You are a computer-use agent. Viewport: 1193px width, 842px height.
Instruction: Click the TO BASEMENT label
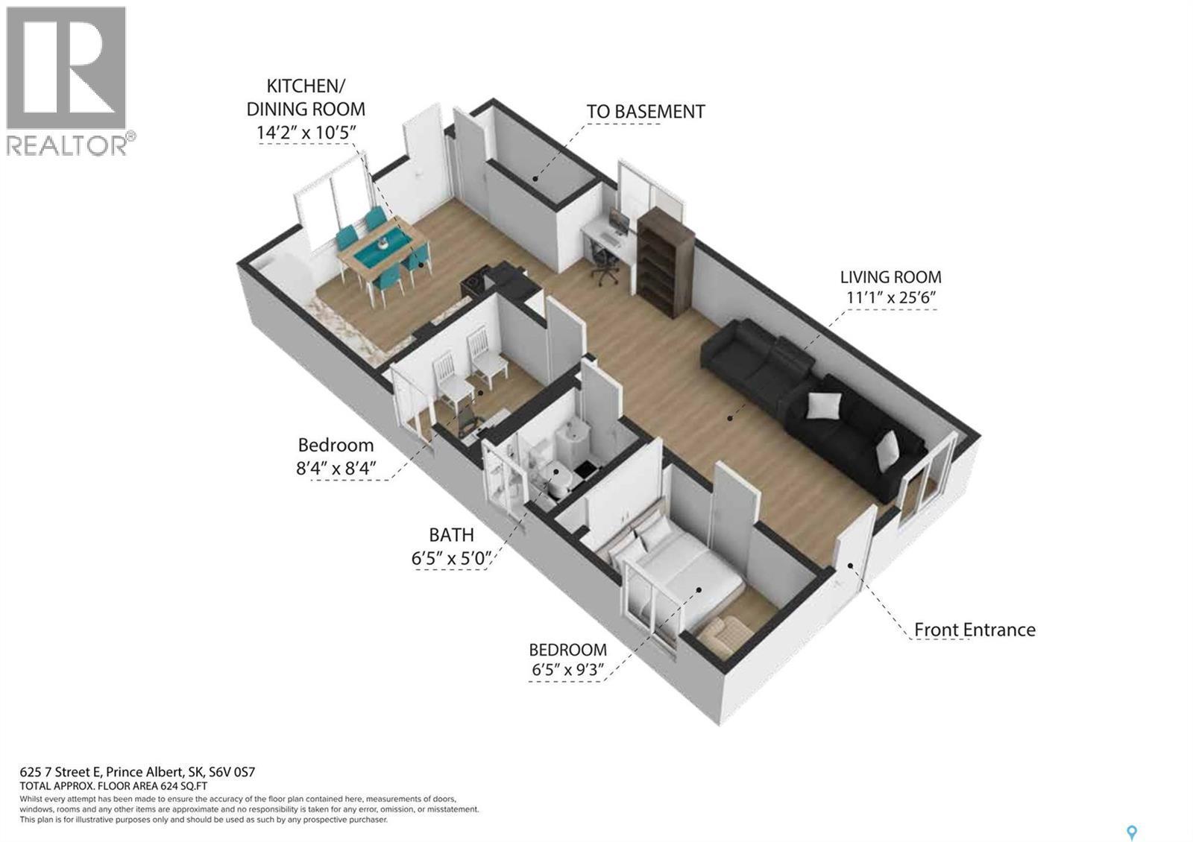point(645,112)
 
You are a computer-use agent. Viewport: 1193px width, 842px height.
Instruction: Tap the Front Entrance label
point(975,630)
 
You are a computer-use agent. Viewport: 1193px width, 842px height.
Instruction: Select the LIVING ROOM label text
point(890,277)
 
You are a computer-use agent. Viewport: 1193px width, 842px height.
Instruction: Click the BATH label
point(451,535)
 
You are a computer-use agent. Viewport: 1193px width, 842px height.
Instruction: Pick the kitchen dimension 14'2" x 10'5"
point(306,135)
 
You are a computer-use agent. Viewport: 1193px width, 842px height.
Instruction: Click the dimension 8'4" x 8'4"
point(336,469)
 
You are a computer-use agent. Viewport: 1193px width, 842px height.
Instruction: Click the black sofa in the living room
point(813,402)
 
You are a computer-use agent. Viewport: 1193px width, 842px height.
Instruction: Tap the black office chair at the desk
point(604,263)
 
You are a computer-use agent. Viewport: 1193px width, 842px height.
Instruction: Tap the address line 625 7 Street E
point(138,773)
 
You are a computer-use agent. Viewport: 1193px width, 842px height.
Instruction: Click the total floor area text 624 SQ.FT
point(114,786)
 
